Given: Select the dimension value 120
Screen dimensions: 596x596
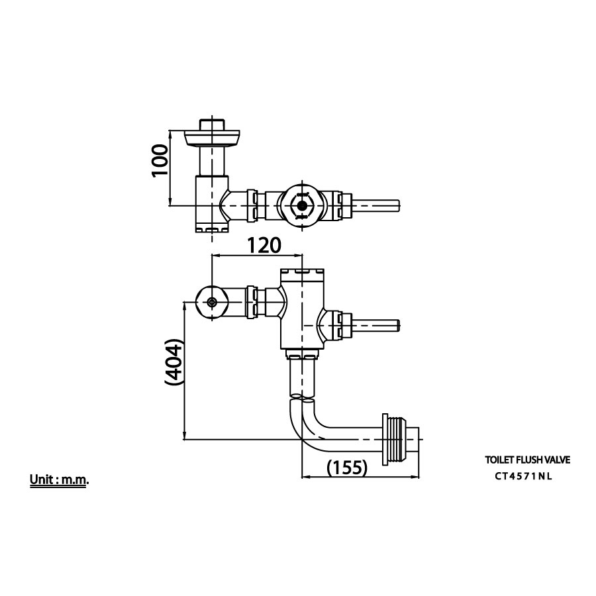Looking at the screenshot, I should click(264, 246).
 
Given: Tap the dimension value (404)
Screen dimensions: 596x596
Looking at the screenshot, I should click(174, 364).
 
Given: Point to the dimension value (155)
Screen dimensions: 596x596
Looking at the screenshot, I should click(347, 467).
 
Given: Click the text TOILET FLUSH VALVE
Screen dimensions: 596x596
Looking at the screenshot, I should click(527, 459).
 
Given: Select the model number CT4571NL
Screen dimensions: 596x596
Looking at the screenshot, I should click(523, 475).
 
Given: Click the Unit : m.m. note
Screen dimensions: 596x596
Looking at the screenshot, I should click(59, 480).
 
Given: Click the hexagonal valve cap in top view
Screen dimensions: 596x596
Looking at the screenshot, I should click(302, 205).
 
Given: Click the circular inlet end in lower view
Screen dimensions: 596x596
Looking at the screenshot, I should click(211, 303).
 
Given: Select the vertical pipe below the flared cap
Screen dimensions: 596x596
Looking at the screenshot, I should click(212, 162).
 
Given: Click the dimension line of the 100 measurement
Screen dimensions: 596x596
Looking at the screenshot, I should click(172, 169).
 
